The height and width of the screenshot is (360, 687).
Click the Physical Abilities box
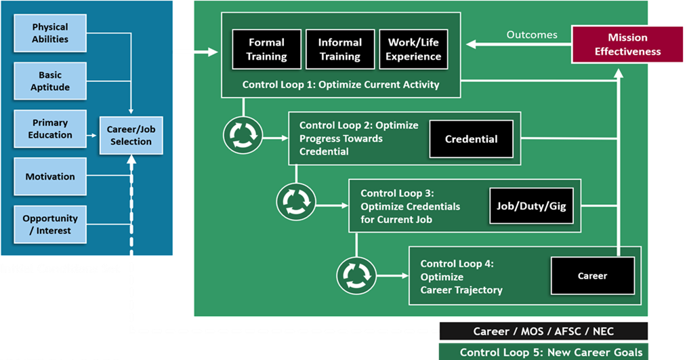pyautogui.click(x=50, y=33)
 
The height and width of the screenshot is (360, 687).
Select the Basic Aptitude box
pyautogui.click(x=50, y=81)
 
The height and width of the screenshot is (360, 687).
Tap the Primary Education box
pyautogui.click(x=50, y=129)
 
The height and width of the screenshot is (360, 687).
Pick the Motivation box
pyautogui.click(x=50, y=176)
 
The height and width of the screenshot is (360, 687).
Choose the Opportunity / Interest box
pyautogui.click(x=50, y=224)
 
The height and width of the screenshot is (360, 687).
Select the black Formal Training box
pyautogui.click(x=266, y=49)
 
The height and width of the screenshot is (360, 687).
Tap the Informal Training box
pyautogui.click(x=339, y=49)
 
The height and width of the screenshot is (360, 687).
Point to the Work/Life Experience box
pyautogui.click(x=413, y=49)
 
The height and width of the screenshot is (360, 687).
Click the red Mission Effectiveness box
pyautogui.click(x=627, y=44)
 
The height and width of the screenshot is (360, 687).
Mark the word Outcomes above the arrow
pyautogui.click(x=532, y=35)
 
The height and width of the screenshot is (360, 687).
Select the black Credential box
pyautogui.click(x=471, y=139)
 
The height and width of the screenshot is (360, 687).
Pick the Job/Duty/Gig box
pyautogui.click(x=530, y=205)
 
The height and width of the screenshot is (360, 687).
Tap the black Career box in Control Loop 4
pyautogui.click(x=592, y=276)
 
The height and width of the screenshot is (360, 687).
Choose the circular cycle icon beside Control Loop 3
pyautogui.click(x=296, y=202)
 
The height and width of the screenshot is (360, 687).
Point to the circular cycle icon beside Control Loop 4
pyautogui.click(x=356, y=274)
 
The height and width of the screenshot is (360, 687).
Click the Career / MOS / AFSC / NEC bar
pyautogui.click(x=544, y=332)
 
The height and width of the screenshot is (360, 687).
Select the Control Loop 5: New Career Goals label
pyautogui.click(x=544, y=352)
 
